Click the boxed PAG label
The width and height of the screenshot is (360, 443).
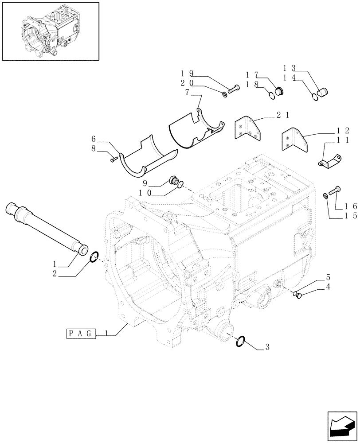80,334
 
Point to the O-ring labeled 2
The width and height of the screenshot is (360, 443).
94,257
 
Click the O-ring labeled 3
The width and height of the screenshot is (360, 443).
240,341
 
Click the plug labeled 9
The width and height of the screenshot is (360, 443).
173,181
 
